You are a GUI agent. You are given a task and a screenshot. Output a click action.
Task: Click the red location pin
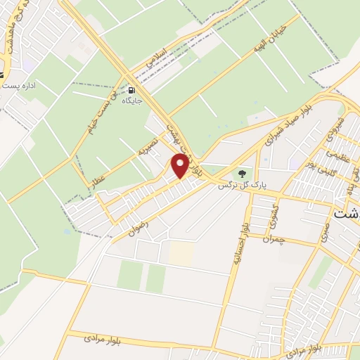tap(180, 166)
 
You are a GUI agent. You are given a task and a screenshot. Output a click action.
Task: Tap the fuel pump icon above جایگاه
tap(131, 90)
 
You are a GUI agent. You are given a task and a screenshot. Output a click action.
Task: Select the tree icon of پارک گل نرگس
tap(243, 173)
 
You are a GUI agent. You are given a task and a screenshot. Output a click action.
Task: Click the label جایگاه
tap(133, 101)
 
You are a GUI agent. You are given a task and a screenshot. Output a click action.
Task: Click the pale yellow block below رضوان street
tap(181, 254)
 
